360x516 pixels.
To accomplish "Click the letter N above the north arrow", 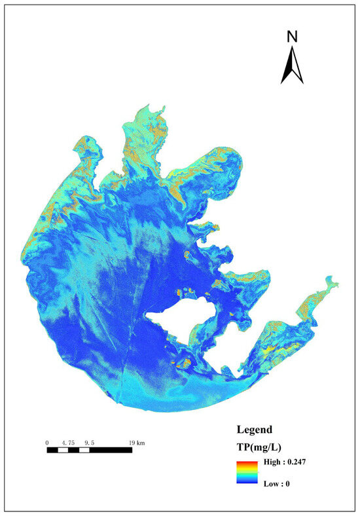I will click(x=292, y=37).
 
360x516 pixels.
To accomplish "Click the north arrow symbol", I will click(x=292, y=67).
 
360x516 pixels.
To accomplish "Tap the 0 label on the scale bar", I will click(x=47, y=443).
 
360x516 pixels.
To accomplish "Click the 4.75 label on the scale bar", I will click(x=66, y=443).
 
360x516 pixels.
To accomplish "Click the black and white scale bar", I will click(x=89, y=450).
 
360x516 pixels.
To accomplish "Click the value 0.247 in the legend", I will click(x=296, y=462).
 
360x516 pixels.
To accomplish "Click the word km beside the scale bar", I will click(x=141, y=443).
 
